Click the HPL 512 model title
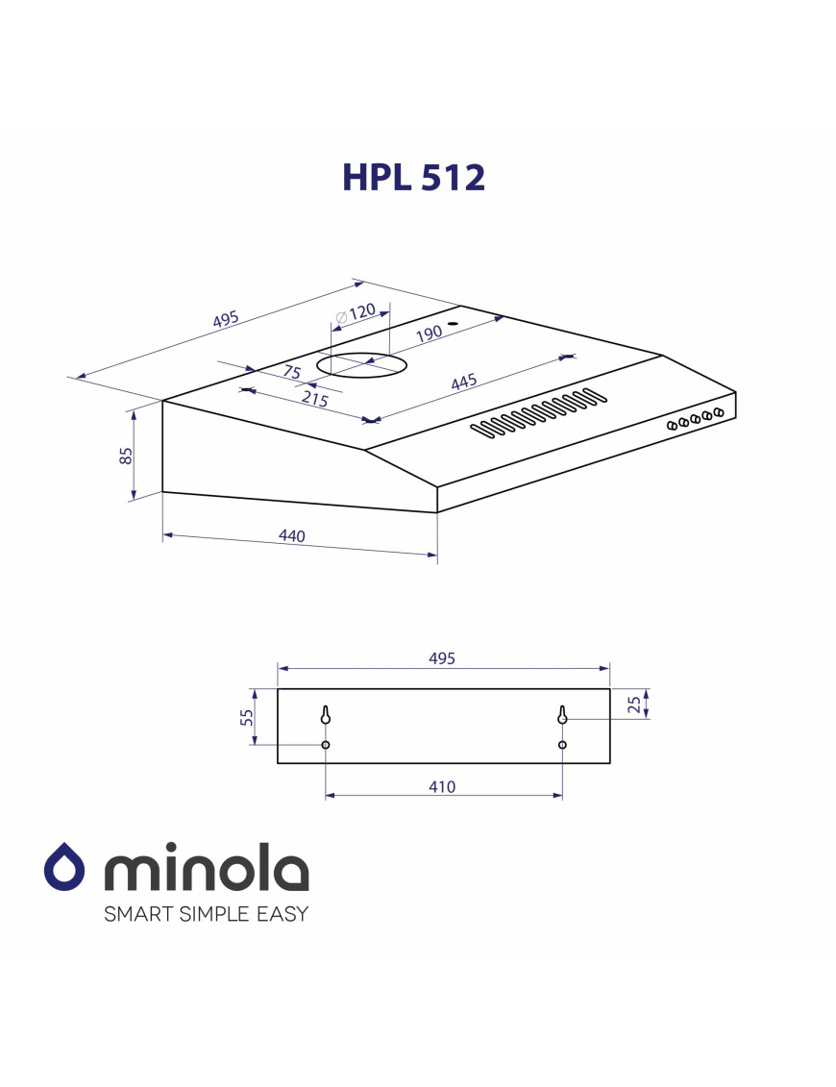(x=413, y=178)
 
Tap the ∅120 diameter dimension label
(x=356, y=314)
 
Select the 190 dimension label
(x=430, y=334)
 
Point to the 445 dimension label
(x=464, y=382)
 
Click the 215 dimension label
(x=315, y=398)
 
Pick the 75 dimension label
(x=292, y=372)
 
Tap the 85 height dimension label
(x=126, y=456)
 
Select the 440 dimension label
(x=291, y=536)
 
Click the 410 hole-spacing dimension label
(x=442, y=787)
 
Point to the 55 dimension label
(x=247, y=718)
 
